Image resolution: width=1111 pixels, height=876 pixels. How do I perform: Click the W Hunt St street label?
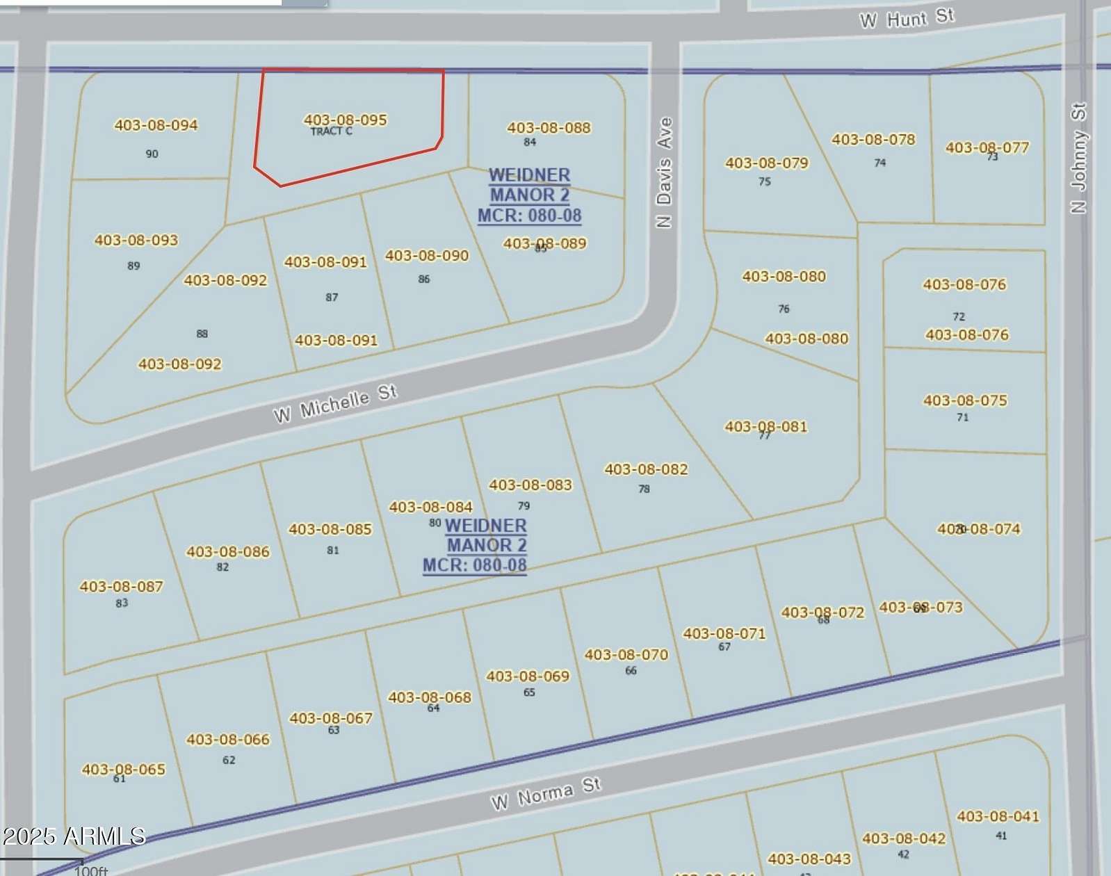(x=907, y=18)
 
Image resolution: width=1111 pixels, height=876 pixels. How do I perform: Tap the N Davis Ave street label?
(x=665, y=172)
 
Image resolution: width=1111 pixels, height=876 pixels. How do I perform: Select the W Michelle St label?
(x=335, y=404)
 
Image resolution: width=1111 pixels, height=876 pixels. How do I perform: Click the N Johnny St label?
(x=1078, y=159)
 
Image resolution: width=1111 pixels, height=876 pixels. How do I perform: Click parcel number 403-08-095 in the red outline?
(x=345, y=120)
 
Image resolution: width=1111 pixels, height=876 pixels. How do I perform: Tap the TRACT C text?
(x=331, y=131)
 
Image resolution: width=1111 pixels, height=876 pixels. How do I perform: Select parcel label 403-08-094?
(x=156, y=125)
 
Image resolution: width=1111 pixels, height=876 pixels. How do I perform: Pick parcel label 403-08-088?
(x=549, y=128)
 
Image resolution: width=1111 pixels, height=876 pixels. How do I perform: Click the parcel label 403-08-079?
(x=767, y=163)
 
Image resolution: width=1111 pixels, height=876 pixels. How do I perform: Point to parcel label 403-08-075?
(x=965, y=400)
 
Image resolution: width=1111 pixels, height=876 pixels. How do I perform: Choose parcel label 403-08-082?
(x=646, y=469)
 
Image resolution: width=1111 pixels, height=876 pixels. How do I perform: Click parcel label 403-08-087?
(x=121, y=587)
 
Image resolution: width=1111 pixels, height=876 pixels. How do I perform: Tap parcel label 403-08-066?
(x=227, y=740)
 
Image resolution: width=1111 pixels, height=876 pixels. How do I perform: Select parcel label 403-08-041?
(x=998, y=816)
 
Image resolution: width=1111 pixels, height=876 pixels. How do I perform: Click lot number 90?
(x=152, y=154)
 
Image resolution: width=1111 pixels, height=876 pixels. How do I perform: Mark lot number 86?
(x=424, y=279)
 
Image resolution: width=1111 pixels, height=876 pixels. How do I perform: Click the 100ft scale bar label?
(x=90, y=870)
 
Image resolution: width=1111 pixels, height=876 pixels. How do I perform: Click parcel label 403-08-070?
(x=626, y=655)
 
